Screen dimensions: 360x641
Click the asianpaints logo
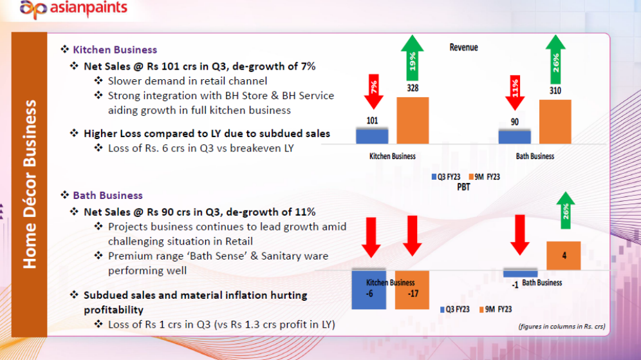click(73, 9)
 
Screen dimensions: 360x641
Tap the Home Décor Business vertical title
click(30, 184)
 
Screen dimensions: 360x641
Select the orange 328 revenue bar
click(413, 120)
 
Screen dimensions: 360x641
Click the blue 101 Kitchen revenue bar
click(372, 135)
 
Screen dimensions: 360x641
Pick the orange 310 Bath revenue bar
click(555, 122)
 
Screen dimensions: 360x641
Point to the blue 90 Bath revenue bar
click(515, 137)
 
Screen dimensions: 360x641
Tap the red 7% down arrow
click(373, 90)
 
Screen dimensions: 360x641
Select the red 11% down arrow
click(516, 90)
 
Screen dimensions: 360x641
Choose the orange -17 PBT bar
click(412, 290)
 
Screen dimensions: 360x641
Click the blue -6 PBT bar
click(369, 290)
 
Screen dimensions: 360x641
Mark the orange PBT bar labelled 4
click(564, 256)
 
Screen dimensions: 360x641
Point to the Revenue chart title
click(463, 47)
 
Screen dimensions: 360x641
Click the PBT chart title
click(463, 186)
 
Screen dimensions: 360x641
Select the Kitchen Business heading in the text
click(115, 50)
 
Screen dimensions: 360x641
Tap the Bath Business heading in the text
click(107, 195)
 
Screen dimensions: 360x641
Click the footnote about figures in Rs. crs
click(562, 327)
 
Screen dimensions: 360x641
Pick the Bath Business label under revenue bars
click(535, 156)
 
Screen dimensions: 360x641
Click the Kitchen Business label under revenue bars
click(392, 156)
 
